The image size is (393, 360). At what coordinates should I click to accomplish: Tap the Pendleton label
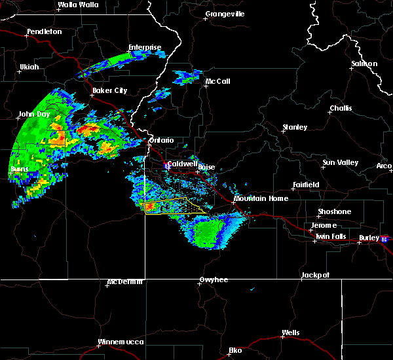click(x=44, y=32)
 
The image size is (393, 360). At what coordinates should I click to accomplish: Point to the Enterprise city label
click(x=144, y=47)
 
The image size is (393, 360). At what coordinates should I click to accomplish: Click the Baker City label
click(x=109, y=90)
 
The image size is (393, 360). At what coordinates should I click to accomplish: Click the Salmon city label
click(x=364, y=63)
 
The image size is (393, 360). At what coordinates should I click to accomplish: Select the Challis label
click(x=340, y=109)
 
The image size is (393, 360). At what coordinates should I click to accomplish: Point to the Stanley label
click(x=294, y=127)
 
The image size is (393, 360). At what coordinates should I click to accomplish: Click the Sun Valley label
click(x=339, y=162)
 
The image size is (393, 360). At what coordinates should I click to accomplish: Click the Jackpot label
click(x=315, y=276)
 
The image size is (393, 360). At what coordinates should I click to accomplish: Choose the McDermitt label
click(x=124, y=283)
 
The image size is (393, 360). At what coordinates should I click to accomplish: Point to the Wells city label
click(x=290, y=333)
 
